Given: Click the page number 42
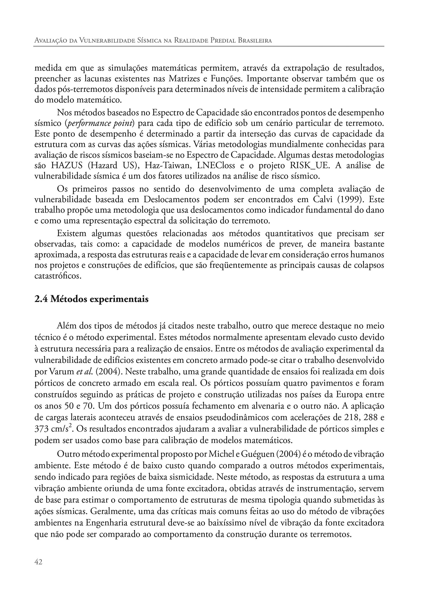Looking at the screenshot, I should pos(38,562).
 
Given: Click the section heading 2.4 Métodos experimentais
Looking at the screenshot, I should pos(91,299).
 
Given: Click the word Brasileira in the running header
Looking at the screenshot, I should pos(255,41).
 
